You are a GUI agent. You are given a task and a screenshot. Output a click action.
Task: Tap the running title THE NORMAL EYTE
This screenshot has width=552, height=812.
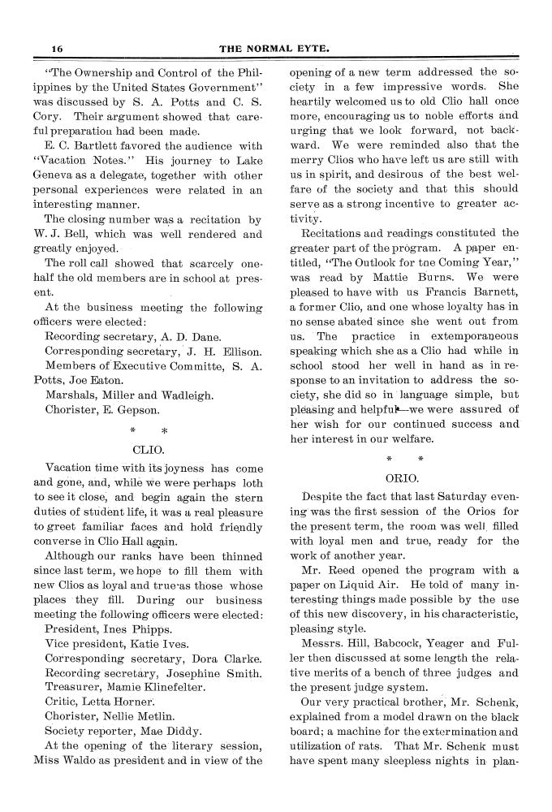pos(277,48)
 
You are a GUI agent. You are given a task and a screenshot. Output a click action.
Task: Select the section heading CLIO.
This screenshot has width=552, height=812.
pos(149,447)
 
